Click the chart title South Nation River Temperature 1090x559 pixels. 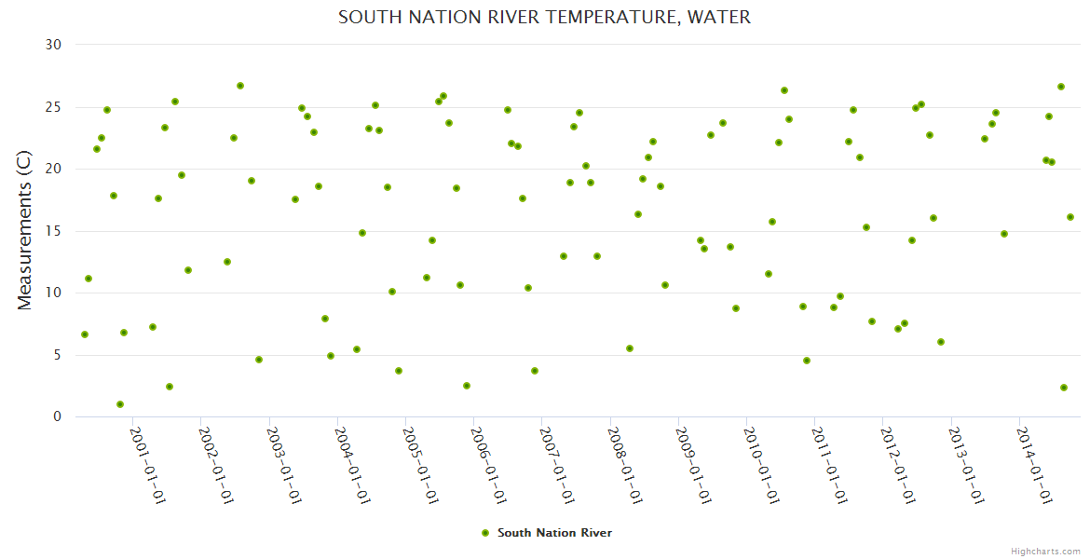(x=544, y=17)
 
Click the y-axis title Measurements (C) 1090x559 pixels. (x=25, y=231)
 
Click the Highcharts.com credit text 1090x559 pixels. (x=1045, y=551)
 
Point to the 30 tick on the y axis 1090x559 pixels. (x=53, y=45)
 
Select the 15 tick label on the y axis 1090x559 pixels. (x=53, y=231)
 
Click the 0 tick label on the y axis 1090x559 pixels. (x=57, y=417)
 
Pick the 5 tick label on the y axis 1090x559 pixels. (x=57, y=355)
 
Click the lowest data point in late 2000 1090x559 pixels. (x=120, y=404)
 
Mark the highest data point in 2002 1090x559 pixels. (x=240, y=86)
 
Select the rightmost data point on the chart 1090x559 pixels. (x=1070, y=217)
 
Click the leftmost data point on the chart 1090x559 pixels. (x=85, y=334)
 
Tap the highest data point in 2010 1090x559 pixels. (x=784, y=90)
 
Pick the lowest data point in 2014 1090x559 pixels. (x=1064, y=388)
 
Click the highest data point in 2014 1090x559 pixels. (x=1061, y=87)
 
